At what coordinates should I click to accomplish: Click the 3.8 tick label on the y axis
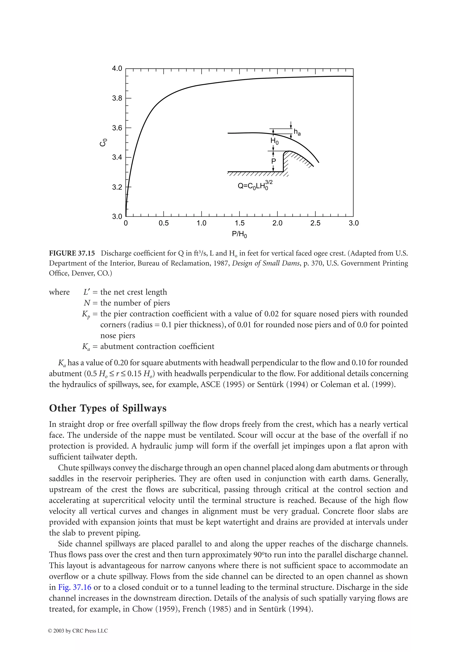[117, 98]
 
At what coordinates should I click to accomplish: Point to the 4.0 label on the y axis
[117, 69]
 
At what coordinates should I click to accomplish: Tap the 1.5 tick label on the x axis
[239, 223]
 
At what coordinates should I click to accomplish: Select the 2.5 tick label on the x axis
[315, 223]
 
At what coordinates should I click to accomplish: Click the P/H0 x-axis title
[239, 234]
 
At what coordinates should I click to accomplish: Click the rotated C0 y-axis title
[104, 142]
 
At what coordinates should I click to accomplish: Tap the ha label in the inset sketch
[297, 132]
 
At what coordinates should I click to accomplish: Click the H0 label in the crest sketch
[274, 141]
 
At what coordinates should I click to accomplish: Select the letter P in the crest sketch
[274, 161]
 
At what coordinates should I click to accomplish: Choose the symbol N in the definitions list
[87, 303]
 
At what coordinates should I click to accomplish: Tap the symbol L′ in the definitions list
[87, 292]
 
